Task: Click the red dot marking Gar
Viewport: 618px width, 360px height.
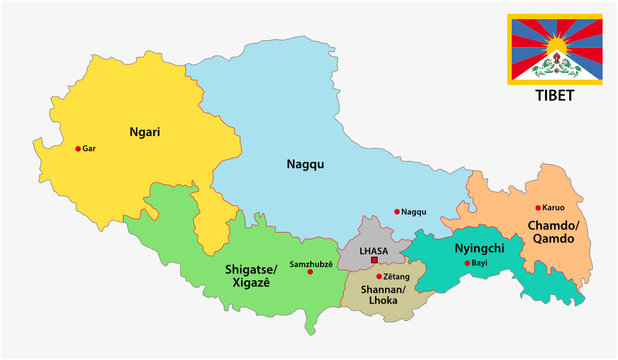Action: [78, 148]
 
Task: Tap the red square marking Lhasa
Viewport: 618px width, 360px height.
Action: [374, 260]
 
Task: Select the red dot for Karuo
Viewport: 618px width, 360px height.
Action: [538, 208]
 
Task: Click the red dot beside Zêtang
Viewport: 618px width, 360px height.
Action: [379, 276]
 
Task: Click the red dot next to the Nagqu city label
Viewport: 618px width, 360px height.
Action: [397, 211]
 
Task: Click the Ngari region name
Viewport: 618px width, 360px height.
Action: [146, 130]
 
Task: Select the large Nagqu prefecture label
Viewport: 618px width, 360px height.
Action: [305, 164]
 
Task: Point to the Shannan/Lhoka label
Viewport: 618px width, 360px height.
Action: [381, 295]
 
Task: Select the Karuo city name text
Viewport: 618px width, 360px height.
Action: [555, 208]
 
